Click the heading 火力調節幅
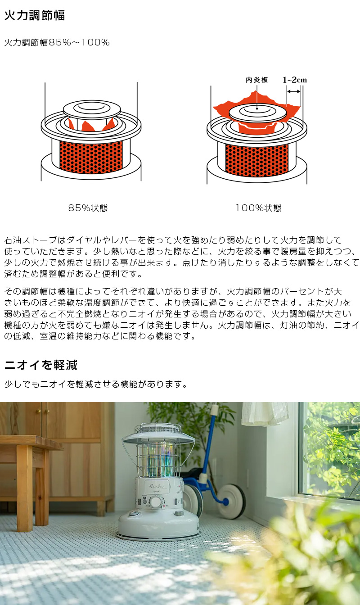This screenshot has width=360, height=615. coord(34,16)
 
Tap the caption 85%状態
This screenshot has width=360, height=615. coord(88,208)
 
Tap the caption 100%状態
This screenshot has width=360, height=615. coord(258,208)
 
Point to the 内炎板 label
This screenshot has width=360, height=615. coord(256,80)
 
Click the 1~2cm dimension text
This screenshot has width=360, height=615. coord(295,80)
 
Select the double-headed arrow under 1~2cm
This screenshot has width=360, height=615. coord(294,91)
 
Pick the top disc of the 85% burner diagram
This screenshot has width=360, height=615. coord(92,109)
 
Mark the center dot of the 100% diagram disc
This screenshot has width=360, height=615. coord(257,108)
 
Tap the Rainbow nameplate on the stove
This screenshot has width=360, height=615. coord(154,485)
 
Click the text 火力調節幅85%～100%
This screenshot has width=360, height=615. coord(57,43)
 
